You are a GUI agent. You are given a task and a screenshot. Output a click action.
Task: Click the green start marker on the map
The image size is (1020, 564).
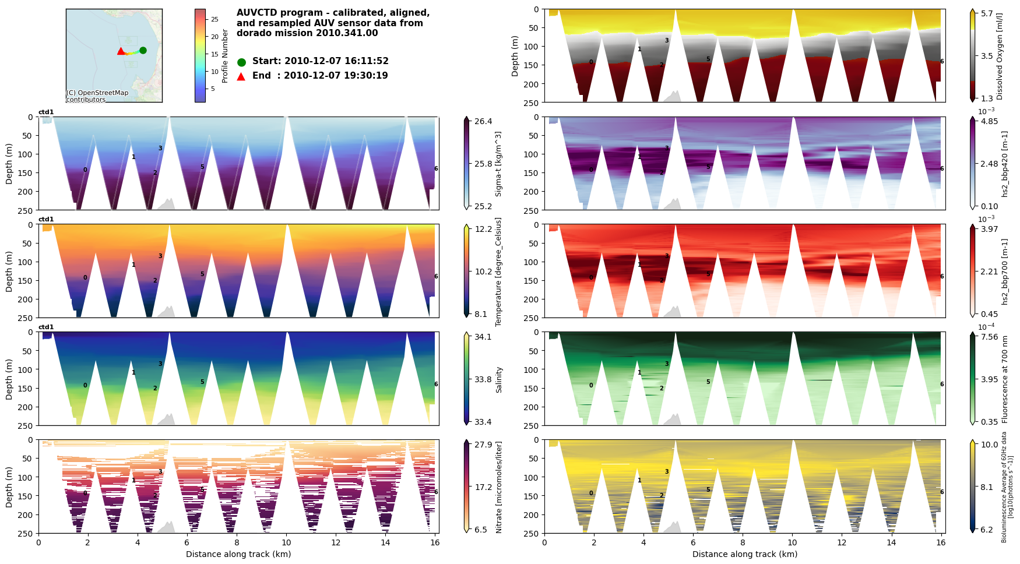tap(143, 50)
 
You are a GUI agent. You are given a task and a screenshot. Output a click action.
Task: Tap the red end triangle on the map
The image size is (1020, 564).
tap(121, 51)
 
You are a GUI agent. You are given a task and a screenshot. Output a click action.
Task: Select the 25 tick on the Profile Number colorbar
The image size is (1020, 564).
tap(214, 19)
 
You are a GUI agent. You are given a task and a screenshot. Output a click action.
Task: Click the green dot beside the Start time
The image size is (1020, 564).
tap(241, 62)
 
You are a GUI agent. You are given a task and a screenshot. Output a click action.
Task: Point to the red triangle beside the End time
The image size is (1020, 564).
tap(241, 76)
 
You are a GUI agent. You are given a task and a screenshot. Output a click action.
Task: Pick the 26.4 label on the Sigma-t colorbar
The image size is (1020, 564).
tap(483, 121)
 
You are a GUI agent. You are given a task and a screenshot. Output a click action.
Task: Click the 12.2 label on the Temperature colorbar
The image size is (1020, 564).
tap(483, 229)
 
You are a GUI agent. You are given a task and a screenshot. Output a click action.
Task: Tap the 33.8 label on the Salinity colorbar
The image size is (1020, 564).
tap(483, 379)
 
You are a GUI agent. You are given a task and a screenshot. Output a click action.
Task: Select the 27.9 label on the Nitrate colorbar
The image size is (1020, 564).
tap(483, 445)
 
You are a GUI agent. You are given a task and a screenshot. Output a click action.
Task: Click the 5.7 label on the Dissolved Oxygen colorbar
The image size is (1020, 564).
tap(987, 13)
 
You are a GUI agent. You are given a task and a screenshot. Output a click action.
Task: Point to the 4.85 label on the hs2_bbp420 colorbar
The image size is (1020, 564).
tap(989, 121)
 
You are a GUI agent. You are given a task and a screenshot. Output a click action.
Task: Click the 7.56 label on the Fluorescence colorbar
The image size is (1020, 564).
tap(989, 337)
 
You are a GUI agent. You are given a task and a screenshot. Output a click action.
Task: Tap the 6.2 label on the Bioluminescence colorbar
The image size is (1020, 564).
tap(987, 530)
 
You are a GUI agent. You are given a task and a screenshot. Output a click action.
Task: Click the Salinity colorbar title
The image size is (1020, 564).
tap(499, 379)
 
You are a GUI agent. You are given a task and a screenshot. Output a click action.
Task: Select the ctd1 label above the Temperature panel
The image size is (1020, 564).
tap(46, 220)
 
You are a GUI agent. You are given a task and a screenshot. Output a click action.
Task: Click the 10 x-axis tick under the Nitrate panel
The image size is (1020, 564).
tap(286, 542)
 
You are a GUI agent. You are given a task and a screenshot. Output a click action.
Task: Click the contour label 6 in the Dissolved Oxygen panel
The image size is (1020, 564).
tap(942, 61)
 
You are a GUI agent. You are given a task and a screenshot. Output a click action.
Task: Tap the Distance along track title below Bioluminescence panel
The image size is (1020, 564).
tap(744, 554)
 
